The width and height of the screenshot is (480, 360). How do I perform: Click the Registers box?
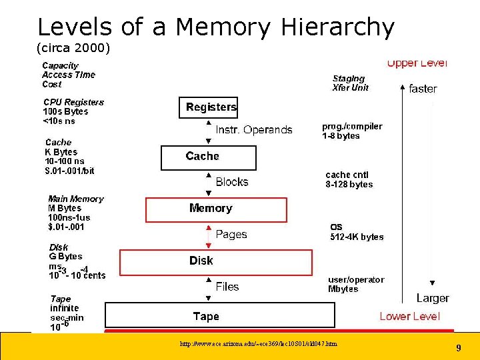coord(208,107)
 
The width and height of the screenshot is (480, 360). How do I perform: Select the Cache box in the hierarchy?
coord(208,157)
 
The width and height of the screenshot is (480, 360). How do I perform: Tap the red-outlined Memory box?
coord(216,209)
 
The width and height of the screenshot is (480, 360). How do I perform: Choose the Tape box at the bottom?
coord(219,316)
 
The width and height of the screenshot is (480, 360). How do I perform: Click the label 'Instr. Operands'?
coord(253,130)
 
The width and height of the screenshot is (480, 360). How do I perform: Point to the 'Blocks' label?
coord(231,182)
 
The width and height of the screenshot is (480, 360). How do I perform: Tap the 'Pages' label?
coord(231,235)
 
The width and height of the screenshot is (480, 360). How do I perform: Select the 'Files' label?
coord(227,287)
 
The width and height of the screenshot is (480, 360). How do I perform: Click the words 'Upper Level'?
coord(417,63)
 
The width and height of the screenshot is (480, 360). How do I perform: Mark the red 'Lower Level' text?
coord(409,317)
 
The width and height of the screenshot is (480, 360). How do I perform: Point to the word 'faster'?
coord(423,89)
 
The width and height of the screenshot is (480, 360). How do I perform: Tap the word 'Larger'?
coord(433,298)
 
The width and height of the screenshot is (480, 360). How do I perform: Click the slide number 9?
coord(458,348)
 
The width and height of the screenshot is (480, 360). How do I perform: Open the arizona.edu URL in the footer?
coord(258,344)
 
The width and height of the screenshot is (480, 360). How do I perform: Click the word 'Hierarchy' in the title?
coord(338,28)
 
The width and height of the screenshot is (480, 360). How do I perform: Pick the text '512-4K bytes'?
coord(357,237)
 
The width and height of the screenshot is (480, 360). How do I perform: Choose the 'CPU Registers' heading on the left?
coord(73,102)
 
